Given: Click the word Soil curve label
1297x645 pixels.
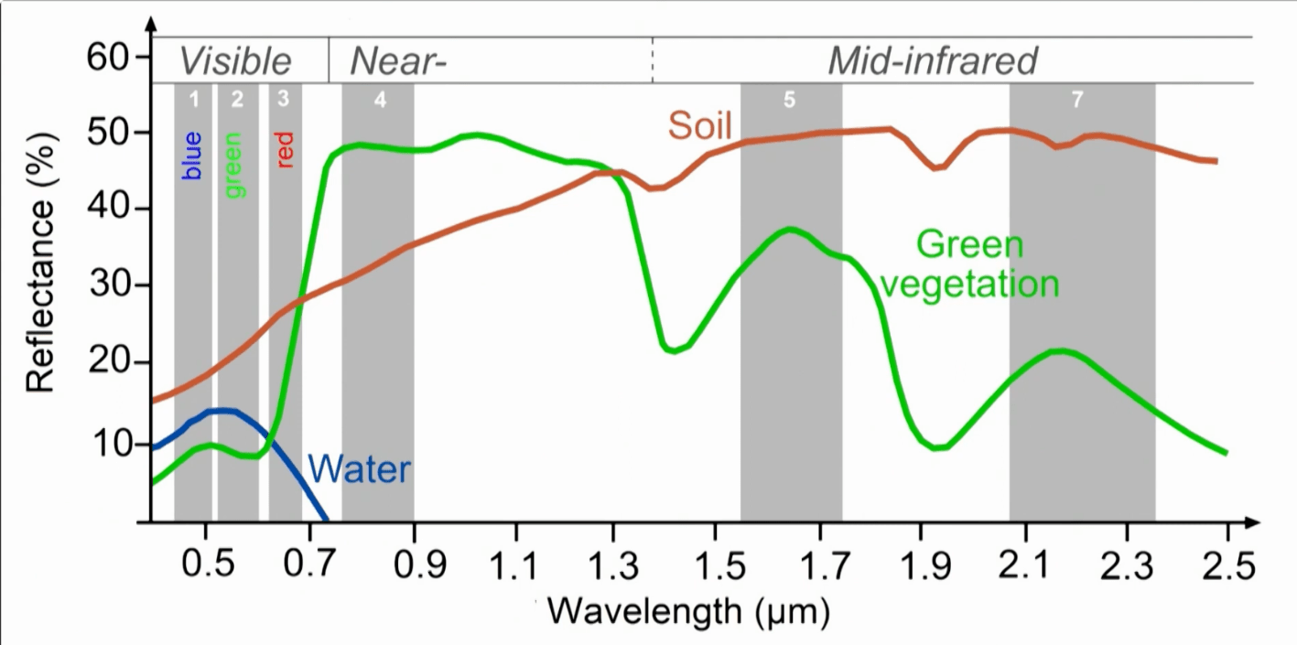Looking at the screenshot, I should pos(700,126).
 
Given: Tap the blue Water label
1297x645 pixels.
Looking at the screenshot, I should pos(359,470).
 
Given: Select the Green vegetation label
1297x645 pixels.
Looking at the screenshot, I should pos(969,264).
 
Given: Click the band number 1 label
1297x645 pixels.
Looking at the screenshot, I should pos(194,99).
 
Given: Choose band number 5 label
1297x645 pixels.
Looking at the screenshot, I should pos(790,100).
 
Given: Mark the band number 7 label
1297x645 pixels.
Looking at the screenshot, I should pos(1077,100).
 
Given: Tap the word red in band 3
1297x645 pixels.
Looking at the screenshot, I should pos(285,151).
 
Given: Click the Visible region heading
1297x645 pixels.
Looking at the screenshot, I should pos(235,61).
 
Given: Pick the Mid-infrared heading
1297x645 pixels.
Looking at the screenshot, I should pos(933,61).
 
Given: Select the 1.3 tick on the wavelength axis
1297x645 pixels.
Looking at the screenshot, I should pos(621,567).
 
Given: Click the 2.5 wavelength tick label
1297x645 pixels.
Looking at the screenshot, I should pos(1227,567).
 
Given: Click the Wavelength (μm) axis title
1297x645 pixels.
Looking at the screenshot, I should pos(691,610).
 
